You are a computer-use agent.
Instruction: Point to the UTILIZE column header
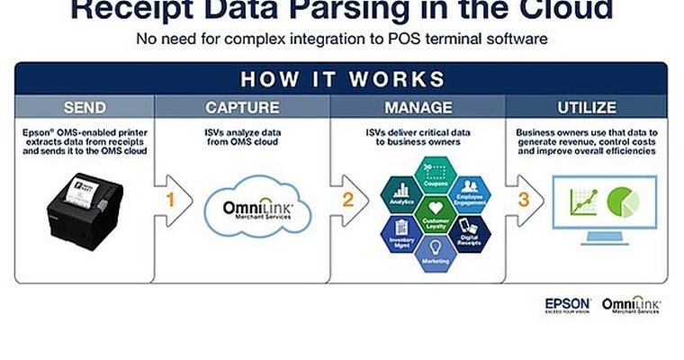[x=588, y=108]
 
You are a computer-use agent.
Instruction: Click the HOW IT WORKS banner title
[x=341, y=77]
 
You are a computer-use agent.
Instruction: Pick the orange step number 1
[x=169, y=200]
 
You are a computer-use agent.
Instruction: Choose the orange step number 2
[x=347, y=200]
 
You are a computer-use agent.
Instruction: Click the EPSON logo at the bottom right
[x=567, y=304]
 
